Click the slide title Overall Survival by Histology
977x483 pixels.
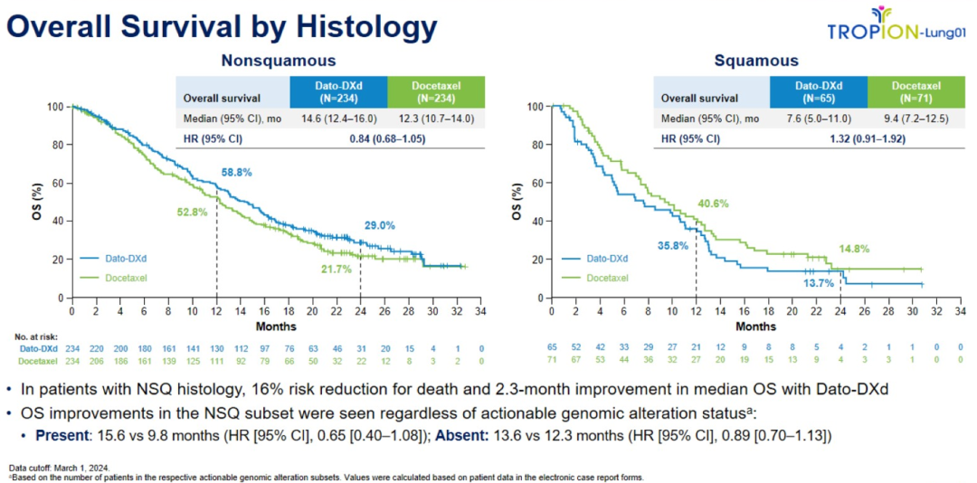223,28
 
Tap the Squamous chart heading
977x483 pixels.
755,61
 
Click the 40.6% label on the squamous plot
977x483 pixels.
714,204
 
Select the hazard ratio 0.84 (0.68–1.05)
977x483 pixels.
387,138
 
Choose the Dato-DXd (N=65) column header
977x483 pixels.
818,91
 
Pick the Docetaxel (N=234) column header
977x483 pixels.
435,91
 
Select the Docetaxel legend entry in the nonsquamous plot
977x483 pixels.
124,278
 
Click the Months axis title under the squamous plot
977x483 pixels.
755,326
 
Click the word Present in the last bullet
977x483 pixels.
61,434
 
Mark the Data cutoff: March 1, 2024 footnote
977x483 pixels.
56,467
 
